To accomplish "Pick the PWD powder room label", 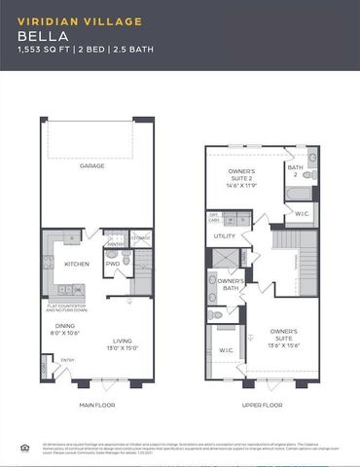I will click(113, 264).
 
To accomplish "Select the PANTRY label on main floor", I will click(115, 245).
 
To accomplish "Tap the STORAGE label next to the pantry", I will click(141, 236).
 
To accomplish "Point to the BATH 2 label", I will click(295, 169).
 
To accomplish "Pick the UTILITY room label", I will click(225, 235).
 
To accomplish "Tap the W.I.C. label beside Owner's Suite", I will click(227, 350).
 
